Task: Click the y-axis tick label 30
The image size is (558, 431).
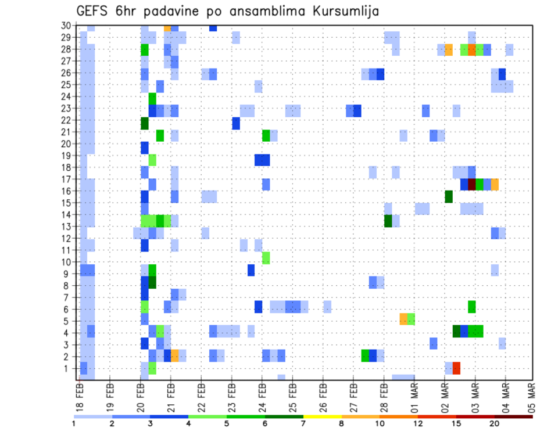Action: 67,26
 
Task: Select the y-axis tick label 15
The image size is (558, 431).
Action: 67,203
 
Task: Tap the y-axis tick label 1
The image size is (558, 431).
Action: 69,368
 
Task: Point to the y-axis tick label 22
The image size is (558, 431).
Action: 67,120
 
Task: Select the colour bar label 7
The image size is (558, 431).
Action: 303,423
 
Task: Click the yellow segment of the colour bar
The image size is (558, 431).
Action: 323,416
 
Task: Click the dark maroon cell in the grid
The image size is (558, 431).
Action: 472,184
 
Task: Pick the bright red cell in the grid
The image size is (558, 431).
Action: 456,368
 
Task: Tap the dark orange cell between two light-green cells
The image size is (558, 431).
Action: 472,50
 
